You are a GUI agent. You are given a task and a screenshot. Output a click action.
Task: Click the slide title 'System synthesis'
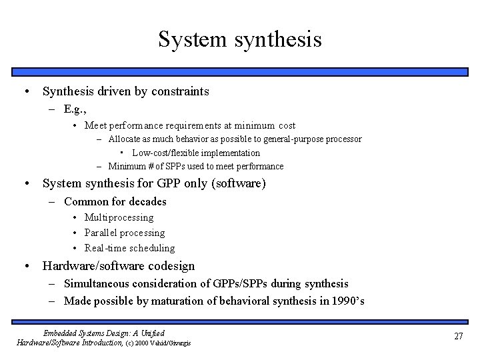[x=240, y=39]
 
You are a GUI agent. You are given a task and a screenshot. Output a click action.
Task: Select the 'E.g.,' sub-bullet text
[x=77, y=109]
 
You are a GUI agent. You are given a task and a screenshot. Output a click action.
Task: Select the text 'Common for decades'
[x=115, y=201]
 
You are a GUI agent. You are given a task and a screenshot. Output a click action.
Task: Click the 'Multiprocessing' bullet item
[x=119, y=217]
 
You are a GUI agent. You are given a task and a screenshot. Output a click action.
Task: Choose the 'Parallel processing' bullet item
[x=125, y=233]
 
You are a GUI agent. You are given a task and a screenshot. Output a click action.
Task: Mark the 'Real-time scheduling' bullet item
[x=129, y=248]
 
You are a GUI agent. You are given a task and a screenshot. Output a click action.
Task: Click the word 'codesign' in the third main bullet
[x=171, y=265]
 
